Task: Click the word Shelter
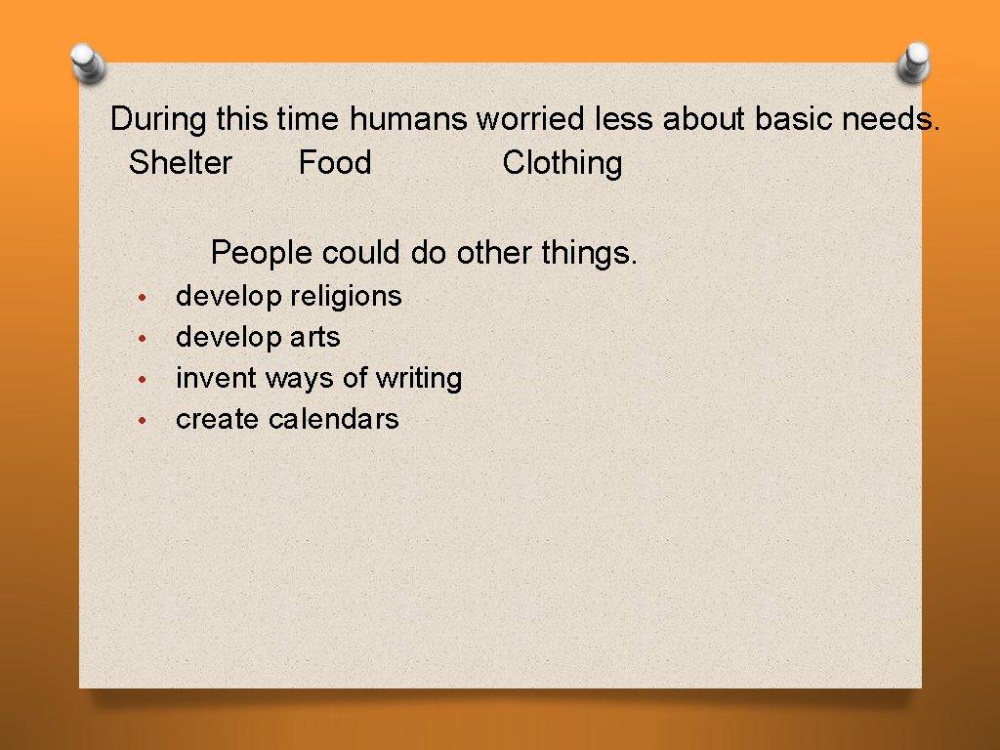(x=181, y=162)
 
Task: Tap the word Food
(x=335, y=162)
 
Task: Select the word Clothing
(x=562, y=163)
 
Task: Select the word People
(x=262, y=253)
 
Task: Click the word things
(x=589, y=253)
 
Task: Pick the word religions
(x=346, y=296)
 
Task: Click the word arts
(x=314, y=338)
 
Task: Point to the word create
(x=218, y=419)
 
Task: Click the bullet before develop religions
(x=142, y=297)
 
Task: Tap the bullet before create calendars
(x=142, y=420)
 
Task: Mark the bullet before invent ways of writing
(x=142, y=379)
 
